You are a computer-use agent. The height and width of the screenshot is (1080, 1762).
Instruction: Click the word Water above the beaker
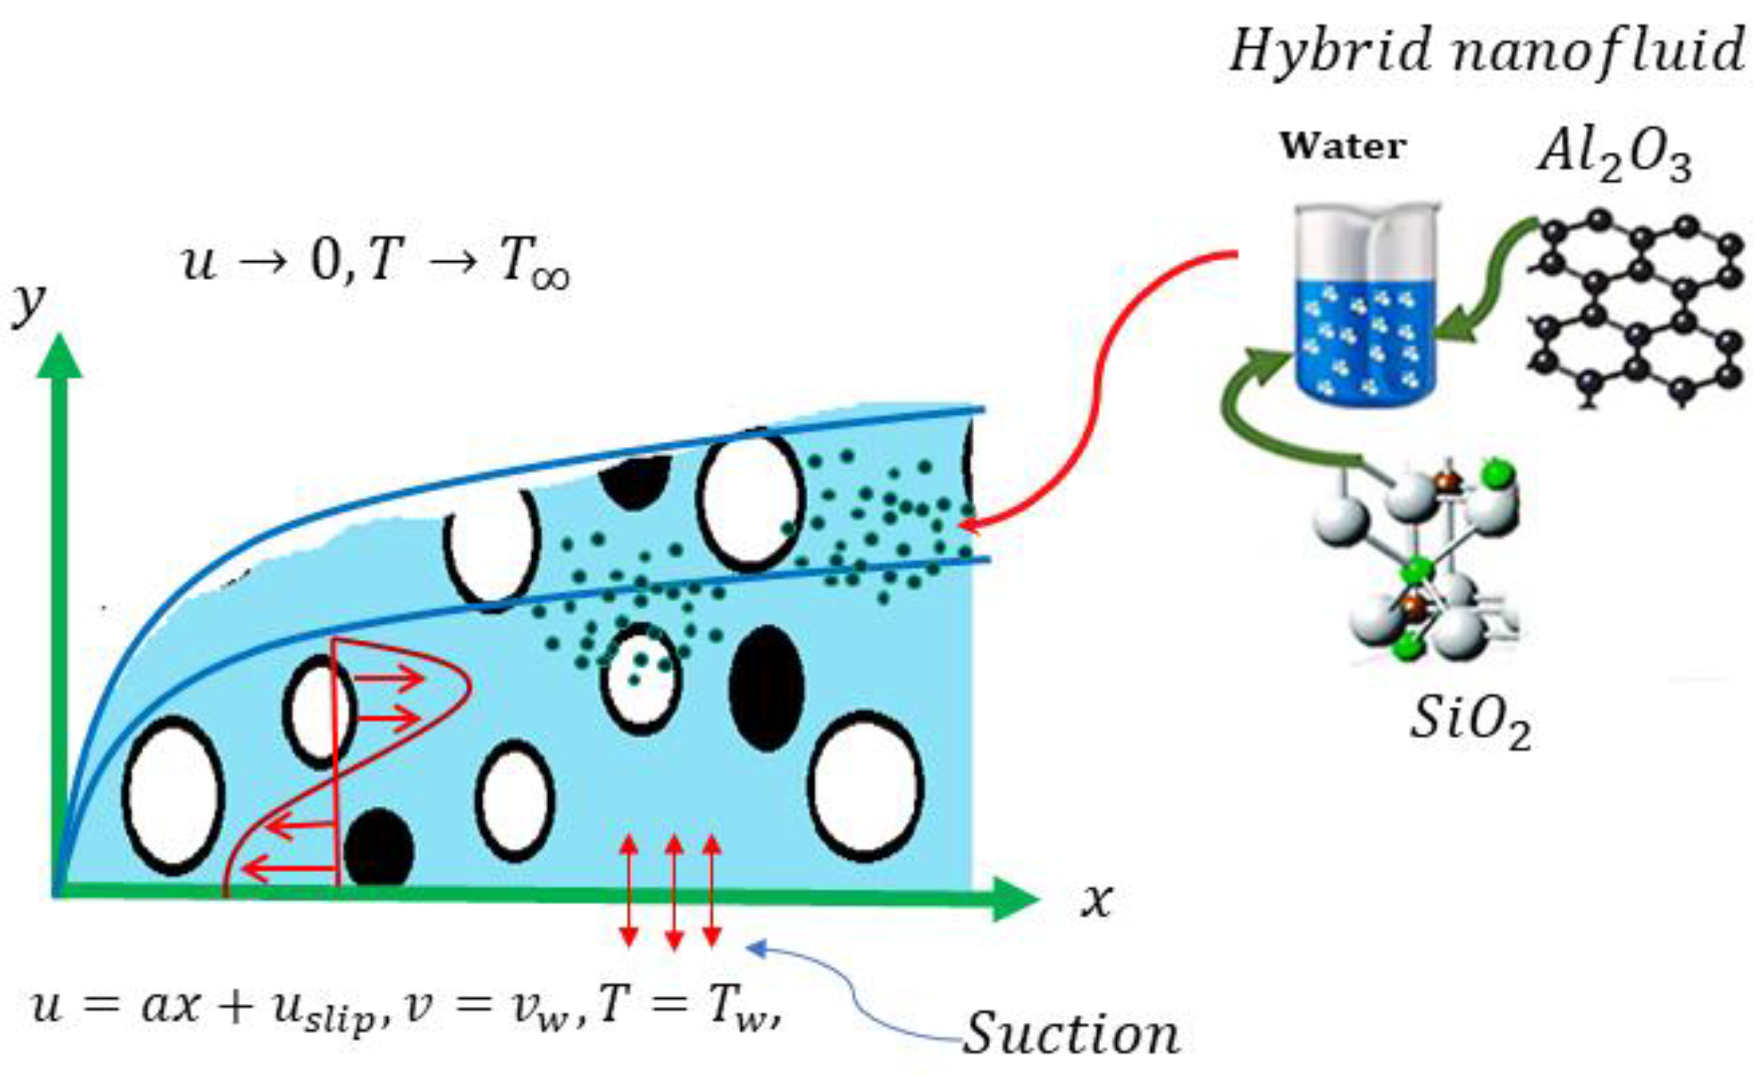(x=1343, y=147)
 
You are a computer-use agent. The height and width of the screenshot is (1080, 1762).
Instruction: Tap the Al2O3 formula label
(x=1615, y=159)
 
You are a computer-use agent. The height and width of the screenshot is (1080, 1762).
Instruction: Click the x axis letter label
(x=1096, y=899)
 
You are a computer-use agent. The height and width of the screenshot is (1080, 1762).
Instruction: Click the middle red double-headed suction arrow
(x=674, y=892)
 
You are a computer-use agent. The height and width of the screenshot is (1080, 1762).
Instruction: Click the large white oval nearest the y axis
(x=174, y=796)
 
